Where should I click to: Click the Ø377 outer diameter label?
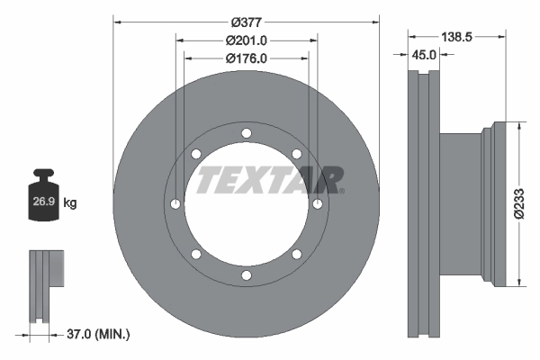pyautogui.click(x=246, y=22)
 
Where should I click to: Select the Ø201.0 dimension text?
pyautogui.click(x=247, y=40)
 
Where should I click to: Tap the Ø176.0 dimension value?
pyautogui.click(x=247, y=58)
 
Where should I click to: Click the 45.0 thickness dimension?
pyautogui.click(x=424, y=55)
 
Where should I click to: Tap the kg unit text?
pyautogui.click(x=70, y=203)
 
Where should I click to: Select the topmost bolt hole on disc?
pyautogui.click(x=246, y=135)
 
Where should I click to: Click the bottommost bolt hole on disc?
pyautogui.click(x=246, y=275)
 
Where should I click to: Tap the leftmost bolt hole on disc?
pyautogui.click(x=175, y=205)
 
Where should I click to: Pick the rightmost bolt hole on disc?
pyautogui.click(x=317, y=205)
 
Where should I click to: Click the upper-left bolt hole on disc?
pyautogui.click(x=196, y=155)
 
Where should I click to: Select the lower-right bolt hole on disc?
pyautogui.click(x=295, y=255)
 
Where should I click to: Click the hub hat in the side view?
pyautogui.click(x=468, y=205)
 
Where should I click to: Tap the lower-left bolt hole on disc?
pyautogui.click(x=196, y=255)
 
